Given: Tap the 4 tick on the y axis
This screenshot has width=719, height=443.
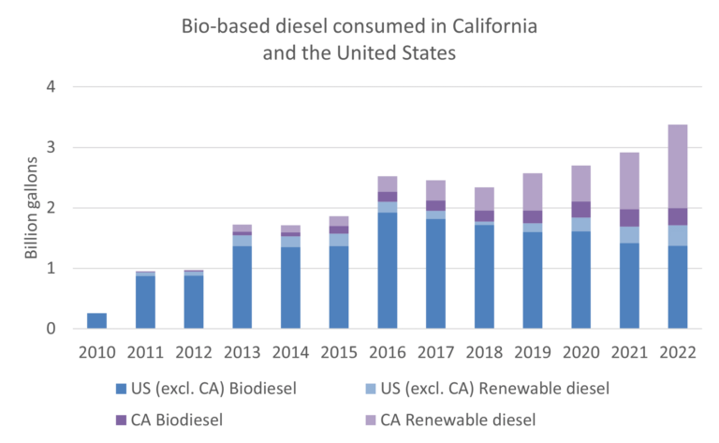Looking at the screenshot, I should [51, 87].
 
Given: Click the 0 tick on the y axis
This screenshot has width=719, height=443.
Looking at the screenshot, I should [51, 329].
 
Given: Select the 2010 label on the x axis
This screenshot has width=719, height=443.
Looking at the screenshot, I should [96, 353].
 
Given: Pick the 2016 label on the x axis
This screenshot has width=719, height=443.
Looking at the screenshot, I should [386, 353].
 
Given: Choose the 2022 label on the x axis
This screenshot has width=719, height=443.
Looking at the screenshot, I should [676, 353].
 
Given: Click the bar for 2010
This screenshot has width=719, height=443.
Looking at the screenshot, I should [96, 320].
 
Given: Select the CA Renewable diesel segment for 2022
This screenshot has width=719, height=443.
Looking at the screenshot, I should [676, 166].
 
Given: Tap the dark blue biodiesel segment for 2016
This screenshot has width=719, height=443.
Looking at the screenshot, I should [386, 271].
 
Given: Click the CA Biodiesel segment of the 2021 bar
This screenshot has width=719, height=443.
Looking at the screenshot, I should [628, 217].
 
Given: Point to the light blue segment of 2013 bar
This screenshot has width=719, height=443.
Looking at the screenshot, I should [242, 241].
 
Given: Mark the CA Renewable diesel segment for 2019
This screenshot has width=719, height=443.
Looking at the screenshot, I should [532, 191].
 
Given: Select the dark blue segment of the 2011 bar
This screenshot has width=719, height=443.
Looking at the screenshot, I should [145, 302].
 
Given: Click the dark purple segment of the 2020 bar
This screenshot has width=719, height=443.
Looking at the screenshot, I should [580, 209].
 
